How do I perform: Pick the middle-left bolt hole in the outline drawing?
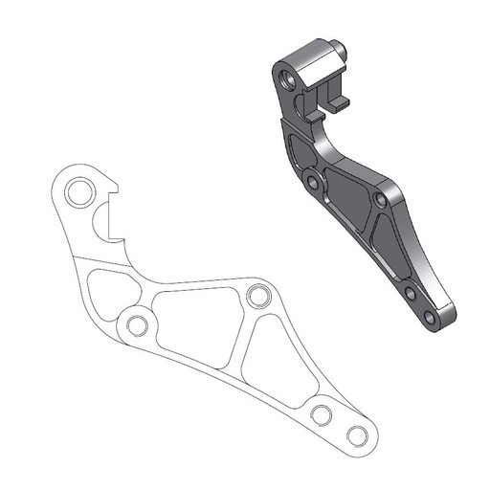tap(137, 326)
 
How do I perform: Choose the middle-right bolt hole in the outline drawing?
tap(256, 295)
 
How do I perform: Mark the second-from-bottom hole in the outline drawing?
tap(321, 414)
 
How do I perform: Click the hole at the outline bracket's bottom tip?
tap(356, 435)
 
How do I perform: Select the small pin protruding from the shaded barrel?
tap(338, 44)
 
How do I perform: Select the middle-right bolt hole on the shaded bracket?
tap(381, 202)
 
